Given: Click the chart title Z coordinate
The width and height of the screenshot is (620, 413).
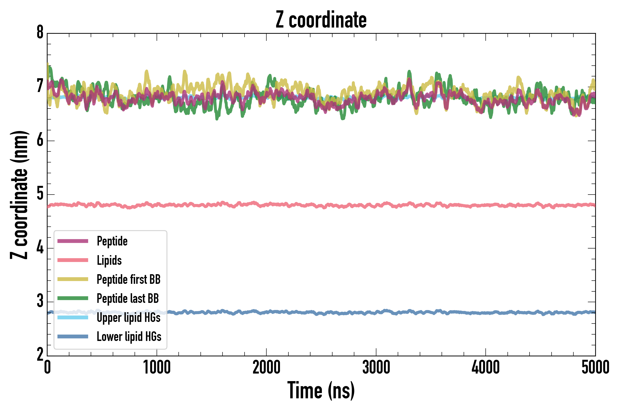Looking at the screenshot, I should click(321, 20).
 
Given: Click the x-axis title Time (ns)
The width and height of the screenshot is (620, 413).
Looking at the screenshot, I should click(321, 390).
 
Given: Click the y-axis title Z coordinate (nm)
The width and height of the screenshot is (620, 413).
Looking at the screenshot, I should click(19, 195).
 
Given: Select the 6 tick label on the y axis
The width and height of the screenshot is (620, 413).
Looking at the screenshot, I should click(40, 140).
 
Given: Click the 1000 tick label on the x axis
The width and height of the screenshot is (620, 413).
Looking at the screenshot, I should click(157, 367).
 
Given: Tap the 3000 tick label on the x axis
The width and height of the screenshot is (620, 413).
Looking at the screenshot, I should click(376, 367).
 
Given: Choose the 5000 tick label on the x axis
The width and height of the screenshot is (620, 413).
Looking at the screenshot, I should click(595, 367).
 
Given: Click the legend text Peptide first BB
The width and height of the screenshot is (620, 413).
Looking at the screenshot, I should click(129, 279).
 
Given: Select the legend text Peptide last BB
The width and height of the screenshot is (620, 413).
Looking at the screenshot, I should click(128, 299).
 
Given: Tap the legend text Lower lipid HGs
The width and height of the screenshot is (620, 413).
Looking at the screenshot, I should click(129, 337).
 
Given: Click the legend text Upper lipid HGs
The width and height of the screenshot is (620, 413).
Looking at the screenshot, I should click(129, 317).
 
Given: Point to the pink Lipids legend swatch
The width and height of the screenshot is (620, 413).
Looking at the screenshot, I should click(73, 260).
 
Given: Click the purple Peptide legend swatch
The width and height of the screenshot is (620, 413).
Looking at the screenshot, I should click(73, 241).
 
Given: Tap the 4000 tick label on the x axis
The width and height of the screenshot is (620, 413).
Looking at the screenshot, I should click(486, 367).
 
